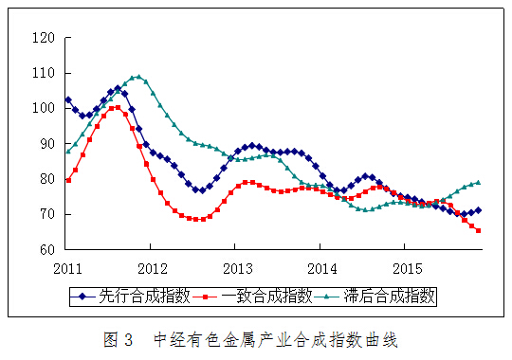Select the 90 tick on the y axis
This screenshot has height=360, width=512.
point(44,144)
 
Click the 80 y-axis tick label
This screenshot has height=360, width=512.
point(44,180)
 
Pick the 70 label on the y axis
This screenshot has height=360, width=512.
point(44,215)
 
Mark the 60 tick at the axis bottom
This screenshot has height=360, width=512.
point(44,250)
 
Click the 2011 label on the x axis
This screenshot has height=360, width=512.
point(67,267)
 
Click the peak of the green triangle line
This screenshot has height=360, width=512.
point(138,77)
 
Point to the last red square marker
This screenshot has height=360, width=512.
point(478,230)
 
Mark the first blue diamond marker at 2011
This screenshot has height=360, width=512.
point(68,99)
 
